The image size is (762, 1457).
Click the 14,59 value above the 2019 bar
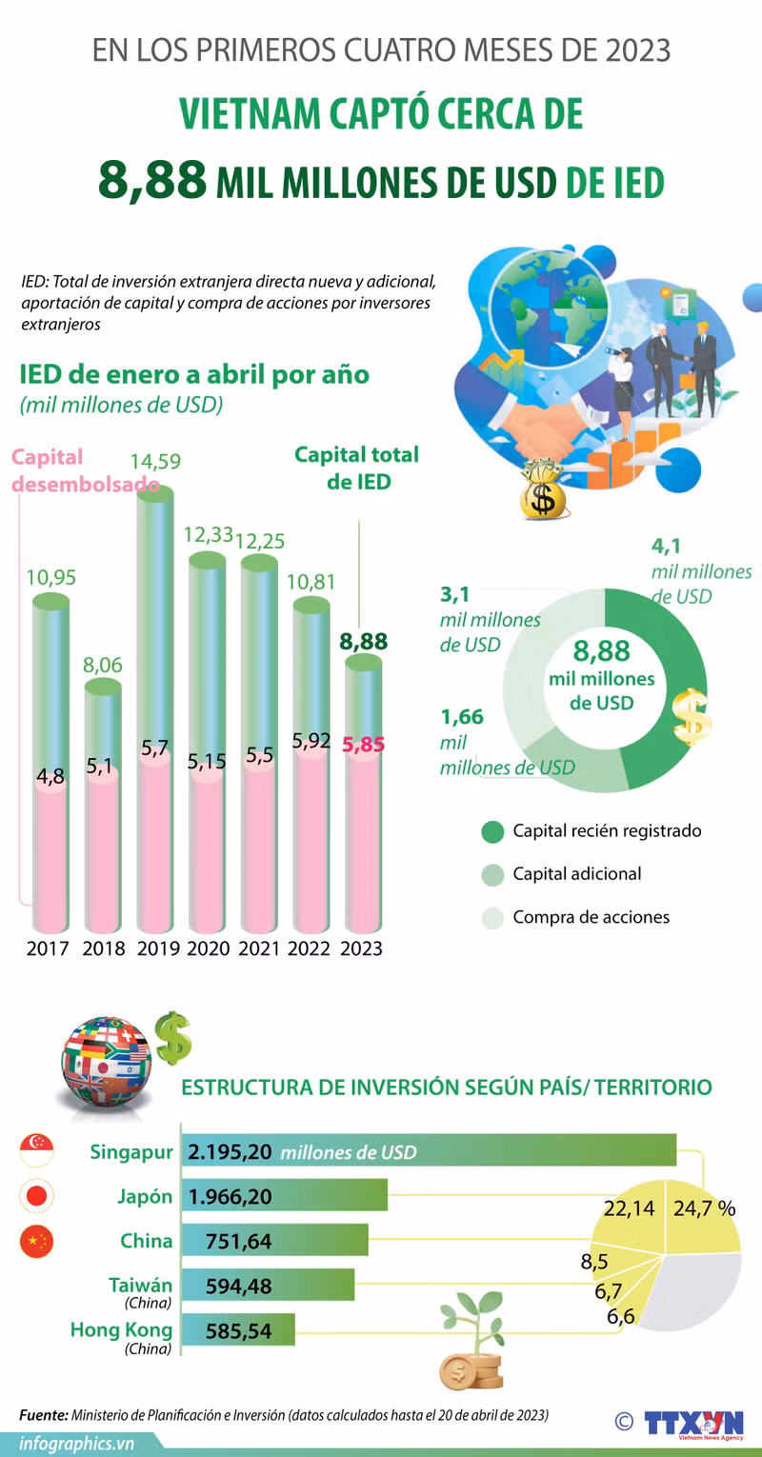pyautogui.click(x=155, y=461)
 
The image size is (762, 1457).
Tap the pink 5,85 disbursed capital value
pyautogui.click(x=363, y=744)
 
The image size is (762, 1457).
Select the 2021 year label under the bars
pyautogui.click(x=258, y=948)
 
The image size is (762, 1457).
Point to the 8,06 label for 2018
pyautogui.click(x=102, y=665)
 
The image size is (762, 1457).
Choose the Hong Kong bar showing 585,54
pyautogui.click(x=238, y=1329)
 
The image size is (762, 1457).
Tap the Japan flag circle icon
pyautogui.click(x=36, y=1195)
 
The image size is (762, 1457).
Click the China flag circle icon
pyautogui.click(x=36, y=1241)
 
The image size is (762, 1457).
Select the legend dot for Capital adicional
pyautogui.click(x=492, y=874)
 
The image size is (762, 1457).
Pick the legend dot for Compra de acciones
pyautogui.click(x=492, y=918)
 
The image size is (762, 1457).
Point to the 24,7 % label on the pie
pyautogui.click(x=704, y=1208)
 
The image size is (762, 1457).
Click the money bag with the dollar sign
pyautogui.click(x=543, y=489)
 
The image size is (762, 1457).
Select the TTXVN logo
pyautogui.click(x=693, y=1423)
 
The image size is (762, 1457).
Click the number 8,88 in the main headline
pyautogui.click(x=152, y=180)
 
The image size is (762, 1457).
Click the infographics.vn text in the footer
pyautogui.click(x=77, y=1444)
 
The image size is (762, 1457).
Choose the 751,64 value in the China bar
pyautogui.click(x=238, y=1242)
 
